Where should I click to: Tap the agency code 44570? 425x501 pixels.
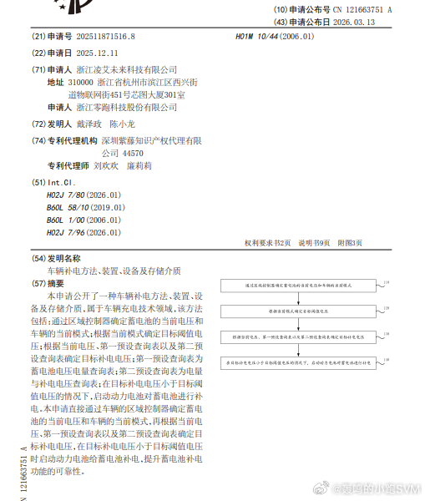coord(133,154)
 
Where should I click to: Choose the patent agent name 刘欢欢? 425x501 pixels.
coord(107,166)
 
